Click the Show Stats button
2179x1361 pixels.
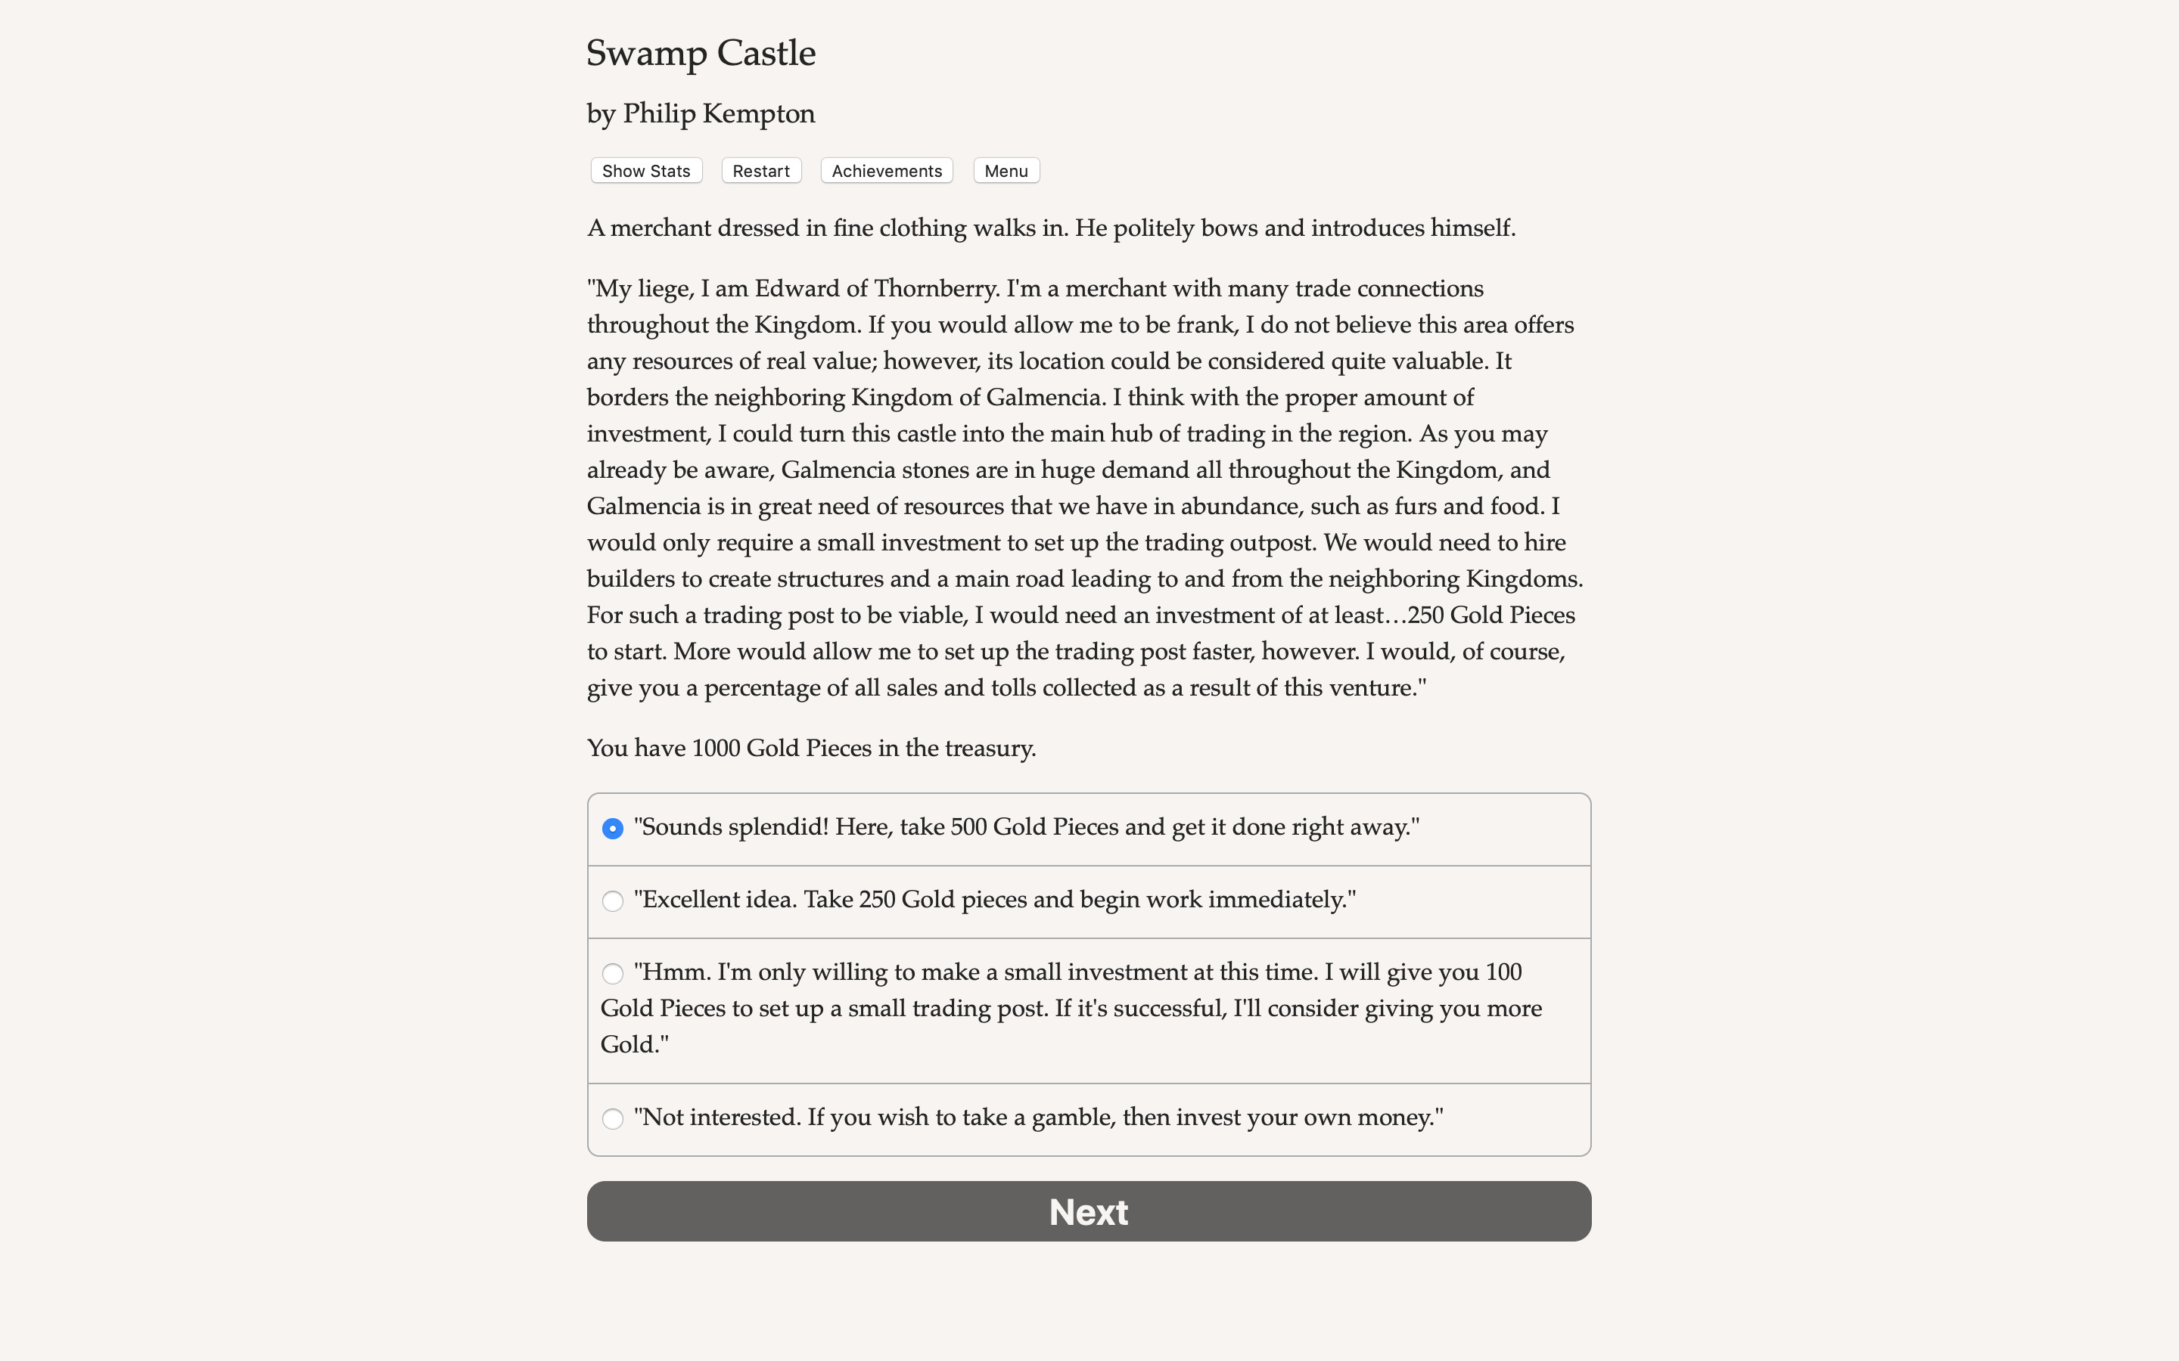click(x=645, y=171)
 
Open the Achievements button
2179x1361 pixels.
click(x=886, y=171)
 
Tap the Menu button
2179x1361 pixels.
click(x=1006, y=171)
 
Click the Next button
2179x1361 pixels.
click(x=1089, y=1211)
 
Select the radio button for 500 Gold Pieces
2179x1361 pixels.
click(x=612, y=828)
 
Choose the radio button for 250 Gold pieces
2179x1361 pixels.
click(x=612, y=901)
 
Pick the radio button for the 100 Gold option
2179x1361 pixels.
click(x=612, y=974)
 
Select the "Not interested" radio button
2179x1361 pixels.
click(x=612, y=1119)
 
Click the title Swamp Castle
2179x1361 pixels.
click(x=701, y=54)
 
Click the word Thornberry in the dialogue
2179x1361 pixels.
click(x=935, y=289)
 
